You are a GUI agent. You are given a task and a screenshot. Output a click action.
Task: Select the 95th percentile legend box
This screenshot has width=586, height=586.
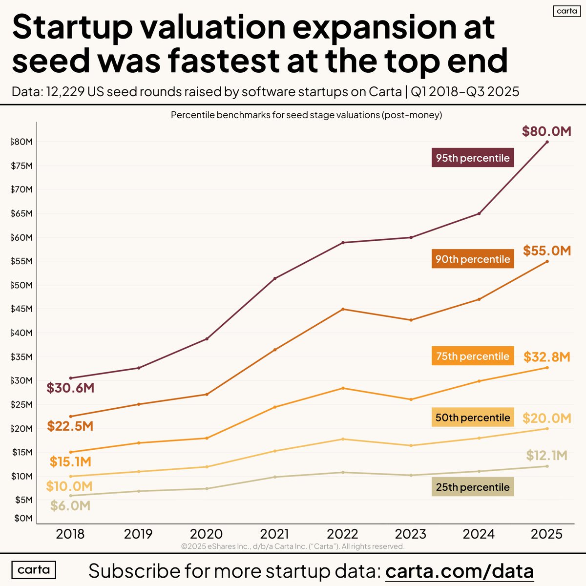pos(473,158)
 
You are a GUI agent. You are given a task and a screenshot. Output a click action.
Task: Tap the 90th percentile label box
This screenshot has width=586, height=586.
pos(473,259)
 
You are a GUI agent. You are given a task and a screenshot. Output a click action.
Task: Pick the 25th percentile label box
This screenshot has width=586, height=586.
pos(473,487)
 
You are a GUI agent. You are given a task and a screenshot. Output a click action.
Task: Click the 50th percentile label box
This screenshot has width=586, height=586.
pos(473,418)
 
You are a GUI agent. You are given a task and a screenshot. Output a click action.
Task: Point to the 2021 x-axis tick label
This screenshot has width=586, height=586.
pos(274,534)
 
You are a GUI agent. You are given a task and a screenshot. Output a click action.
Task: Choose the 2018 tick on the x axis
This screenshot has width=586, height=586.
pos(70,534)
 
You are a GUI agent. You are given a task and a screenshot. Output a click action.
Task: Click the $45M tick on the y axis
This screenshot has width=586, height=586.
pos(22,309)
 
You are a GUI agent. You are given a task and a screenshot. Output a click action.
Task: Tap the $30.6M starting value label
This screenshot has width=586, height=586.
pos(70,388)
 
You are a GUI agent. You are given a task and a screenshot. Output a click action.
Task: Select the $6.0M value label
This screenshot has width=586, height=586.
pos(70,505)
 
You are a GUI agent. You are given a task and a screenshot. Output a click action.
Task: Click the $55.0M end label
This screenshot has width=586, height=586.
pos(547,251)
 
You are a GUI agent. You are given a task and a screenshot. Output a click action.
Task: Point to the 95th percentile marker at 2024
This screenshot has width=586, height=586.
pos(479,213)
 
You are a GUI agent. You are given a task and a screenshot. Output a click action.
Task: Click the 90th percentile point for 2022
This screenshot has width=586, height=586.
pos(343,309)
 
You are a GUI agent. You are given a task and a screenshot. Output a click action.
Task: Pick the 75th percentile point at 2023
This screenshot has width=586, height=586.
pos(411,399)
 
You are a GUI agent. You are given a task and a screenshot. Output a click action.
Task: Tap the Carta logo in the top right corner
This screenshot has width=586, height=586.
pos(566,11)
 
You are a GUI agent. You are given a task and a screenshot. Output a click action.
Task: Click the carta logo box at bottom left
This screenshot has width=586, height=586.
pos(34,570)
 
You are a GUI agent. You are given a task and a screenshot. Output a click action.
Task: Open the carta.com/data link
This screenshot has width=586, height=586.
pos(459,571)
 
